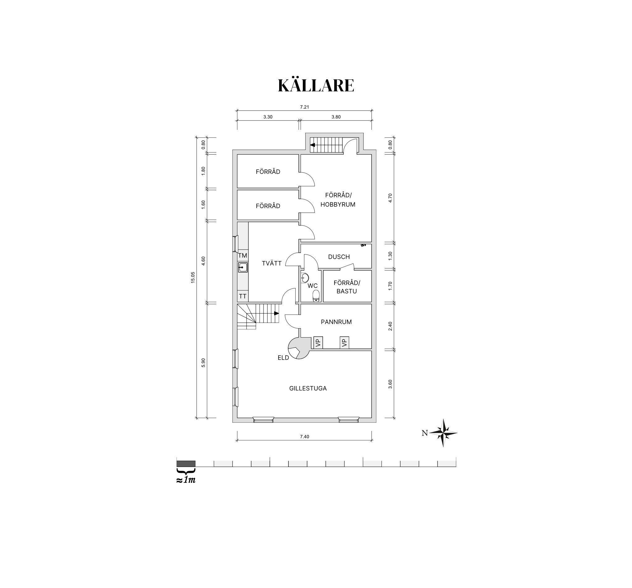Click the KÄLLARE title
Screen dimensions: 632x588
tap(316, 85)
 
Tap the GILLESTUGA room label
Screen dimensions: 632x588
tap(308, 388)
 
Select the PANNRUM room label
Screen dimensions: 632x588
tap(336, 322)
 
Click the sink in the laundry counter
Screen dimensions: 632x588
tap(243, 267)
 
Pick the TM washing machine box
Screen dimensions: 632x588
tap(243, 255)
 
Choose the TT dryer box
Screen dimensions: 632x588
tap(243, 296)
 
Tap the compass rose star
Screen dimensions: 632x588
tap(443, 433)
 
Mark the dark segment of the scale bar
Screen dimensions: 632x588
tap(186, 464)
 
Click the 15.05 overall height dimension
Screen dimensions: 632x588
tap(193, 278)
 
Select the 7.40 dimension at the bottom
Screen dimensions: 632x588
tap(304, 436)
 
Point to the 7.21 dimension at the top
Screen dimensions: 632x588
tap(304, 107)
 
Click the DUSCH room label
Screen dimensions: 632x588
tap(339, 257)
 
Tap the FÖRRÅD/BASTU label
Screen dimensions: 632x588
tap(347, 287)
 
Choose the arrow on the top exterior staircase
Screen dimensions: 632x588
tap(312, 145)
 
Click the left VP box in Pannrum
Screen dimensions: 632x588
tap(318, 343)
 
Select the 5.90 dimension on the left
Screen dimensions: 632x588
tap(204, 363)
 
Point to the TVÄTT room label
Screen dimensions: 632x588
tap(272, 263)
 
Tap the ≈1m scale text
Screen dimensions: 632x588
tap(186, 480)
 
